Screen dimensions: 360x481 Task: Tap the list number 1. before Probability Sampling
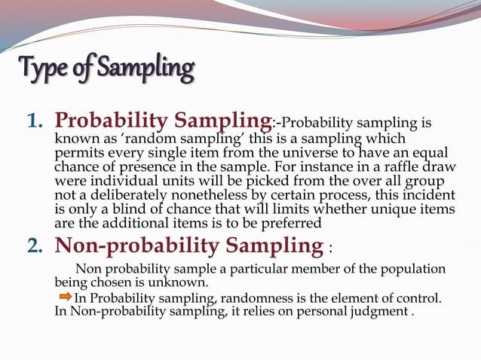[x=37, y=121]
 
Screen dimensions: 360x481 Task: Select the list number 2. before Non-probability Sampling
[x=37, y=246]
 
